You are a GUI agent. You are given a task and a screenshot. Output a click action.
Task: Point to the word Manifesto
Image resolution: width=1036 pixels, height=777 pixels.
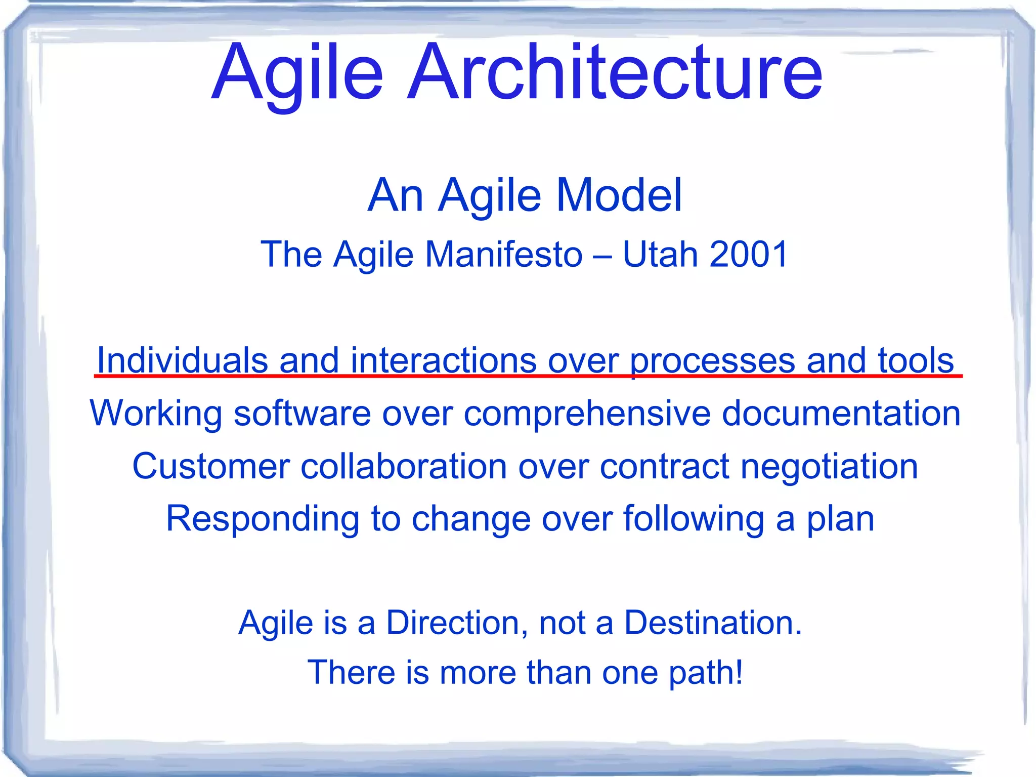pyautogui.click(x=504, y=254)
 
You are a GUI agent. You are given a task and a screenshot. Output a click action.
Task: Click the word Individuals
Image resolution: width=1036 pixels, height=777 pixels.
pyautogui.click(x=182, y=360)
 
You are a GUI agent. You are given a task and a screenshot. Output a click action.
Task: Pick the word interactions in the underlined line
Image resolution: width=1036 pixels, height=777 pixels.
pyautogui.click(x=443, y=360)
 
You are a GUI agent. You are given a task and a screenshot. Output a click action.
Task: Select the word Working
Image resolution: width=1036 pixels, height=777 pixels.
pyautogui.click(x=156, y=414)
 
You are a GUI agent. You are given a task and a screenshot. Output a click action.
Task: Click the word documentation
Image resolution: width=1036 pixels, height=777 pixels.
pyautogui.click(x=841, y=414)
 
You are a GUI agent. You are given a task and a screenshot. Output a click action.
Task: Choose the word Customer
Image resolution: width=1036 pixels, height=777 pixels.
pyautogui.click(x=211, y=466)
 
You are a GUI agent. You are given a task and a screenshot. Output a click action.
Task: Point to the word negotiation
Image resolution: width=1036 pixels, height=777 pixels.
pyautogui.click(x=829, y=466)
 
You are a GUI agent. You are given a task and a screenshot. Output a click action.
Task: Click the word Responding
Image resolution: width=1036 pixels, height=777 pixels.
pyautogui.click(x=263, y=519)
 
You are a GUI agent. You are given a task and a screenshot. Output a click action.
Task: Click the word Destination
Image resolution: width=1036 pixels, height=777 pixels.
pyautogui.click(x=713, y=622)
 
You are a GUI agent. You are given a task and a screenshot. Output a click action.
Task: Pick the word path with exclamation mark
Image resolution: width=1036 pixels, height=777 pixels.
pyautogui.click(x=706, y=673)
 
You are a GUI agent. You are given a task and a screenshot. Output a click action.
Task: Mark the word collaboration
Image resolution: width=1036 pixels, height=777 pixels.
pyautogui.click(x=403, y=466)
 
